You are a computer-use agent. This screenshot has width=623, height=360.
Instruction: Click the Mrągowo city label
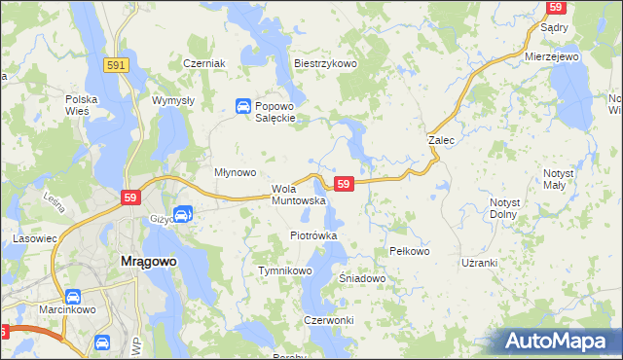coord(147,261)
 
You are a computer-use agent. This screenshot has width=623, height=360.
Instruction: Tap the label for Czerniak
coord(204,63)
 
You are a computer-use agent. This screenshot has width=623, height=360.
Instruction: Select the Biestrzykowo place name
coord(326,63)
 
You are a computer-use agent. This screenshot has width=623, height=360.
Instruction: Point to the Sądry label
coord(554,28)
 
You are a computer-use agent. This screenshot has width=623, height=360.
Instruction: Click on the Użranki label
coord(480,263)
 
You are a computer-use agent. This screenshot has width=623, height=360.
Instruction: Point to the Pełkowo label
coord(409,251)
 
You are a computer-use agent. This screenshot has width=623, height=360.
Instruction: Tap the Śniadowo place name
coord(363,278)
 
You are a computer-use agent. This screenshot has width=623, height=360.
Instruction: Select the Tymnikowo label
coord(283,270)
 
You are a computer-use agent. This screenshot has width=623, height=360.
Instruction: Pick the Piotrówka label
coord(313,235)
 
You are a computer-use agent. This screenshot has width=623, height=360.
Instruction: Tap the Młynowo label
coord(235,172)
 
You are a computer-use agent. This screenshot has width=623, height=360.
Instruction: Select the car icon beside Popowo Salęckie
coord(241,106)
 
